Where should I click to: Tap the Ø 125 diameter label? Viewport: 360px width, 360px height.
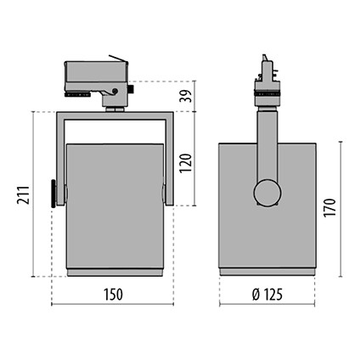(267, 295)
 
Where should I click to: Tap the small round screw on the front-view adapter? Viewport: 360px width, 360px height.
(113, 92)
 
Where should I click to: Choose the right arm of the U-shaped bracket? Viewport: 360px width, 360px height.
(168, 157)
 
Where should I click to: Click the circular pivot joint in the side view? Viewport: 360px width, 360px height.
(267, 192)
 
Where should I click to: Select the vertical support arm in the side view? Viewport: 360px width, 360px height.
(266, 144)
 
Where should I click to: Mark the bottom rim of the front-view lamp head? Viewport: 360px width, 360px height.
(113, 272)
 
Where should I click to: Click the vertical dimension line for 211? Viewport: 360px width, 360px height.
(35, 194)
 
